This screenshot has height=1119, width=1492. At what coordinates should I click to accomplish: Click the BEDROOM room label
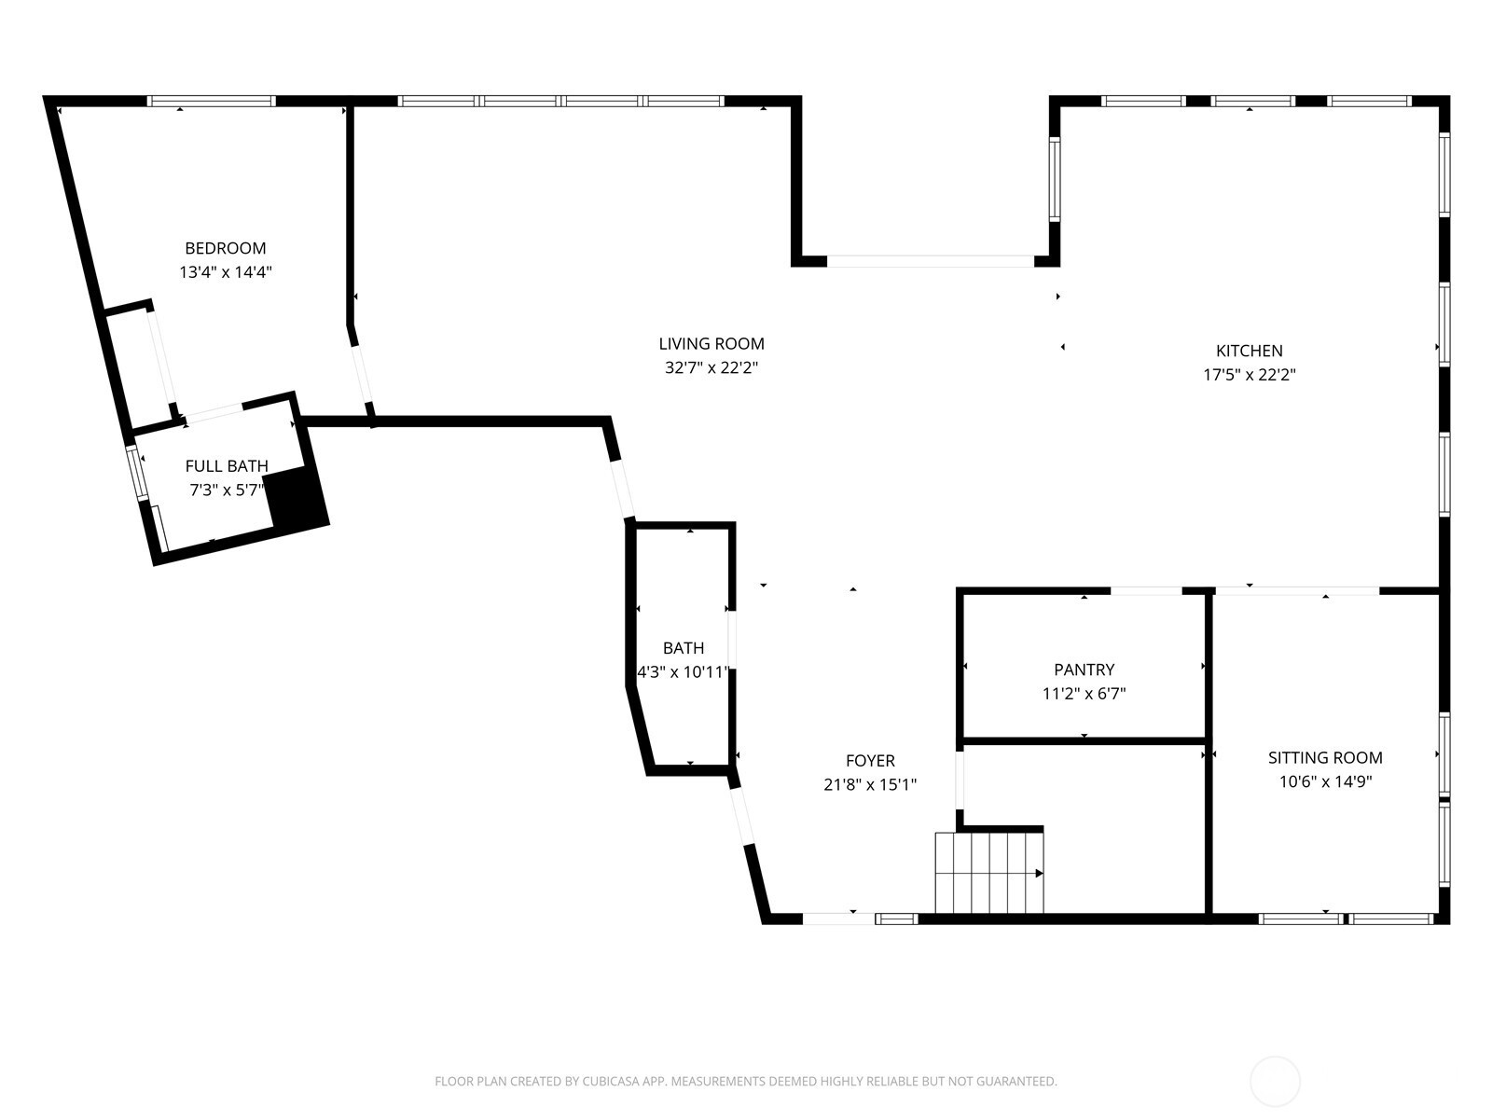(225, 248)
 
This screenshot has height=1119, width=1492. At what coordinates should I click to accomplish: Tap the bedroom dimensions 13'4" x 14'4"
(225, 271)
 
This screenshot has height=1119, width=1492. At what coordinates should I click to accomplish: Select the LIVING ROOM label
(711, 344)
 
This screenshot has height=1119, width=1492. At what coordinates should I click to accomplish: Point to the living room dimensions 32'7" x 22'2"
(711, 367)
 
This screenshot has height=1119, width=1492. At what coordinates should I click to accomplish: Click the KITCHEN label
(1249, 351)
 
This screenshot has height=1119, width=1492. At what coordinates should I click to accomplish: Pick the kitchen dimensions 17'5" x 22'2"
(1249, 374)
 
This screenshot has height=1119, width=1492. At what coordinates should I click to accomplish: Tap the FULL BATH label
(227, 466)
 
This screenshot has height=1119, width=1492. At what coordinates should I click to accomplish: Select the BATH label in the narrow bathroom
(684, 648)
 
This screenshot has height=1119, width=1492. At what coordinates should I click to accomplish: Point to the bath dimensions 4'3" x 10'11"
(684, 672)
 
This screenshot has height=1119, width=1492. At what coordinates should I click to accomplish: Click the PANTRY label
(1084, 670)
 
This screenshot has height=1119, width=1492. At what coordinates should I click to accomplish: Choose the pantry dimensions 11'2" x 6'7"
(1084, 694)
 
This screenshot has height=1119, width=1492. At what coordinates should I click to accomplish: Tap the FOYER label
(870, 761)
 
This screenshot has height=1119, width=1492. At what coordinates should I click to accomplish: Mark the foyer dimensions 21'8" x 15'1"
(870, 785)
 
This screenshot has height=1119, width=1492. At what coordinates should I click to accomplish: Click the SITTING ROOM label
(1325, 757)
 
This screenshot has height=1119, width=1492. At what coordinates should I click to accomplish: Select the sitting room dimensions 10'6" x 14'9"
(1325, 781)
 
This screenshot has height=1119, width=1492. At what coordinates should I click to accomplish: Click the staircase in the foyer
(989, 873)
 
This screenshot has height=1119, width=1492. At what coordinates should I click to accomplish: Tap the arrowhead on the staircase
(1039, 874)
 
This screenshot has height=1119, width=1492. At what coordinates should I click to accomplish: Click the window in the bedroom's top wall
(212, 102)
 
